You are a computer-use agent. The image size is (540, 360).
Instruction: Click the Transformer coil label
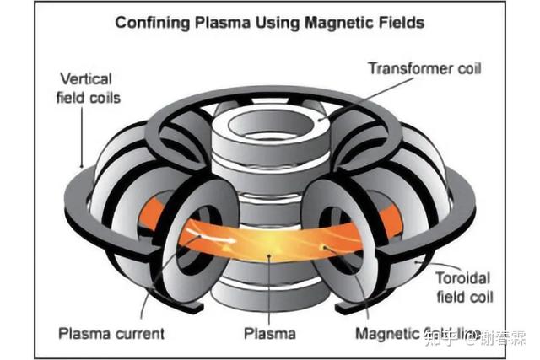(x=424, y=68)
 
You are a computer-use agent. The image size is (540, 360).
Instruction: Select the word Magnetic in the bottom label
(x=385, y=334)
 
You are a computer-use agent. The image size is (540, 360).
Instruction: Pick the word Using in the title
(x=278, y=23)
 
